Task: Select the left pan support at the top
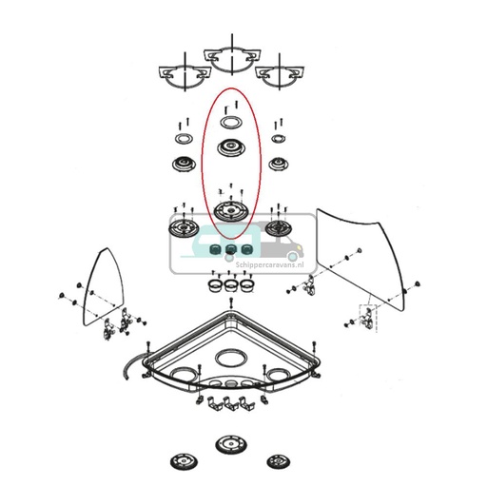pos(181,75)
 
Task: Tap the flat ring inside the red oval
pos(230,123)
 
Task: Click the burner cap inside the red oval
pos(230,148)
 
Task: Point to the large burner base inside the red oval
pos(229,210)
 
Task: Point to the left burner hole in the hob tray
pos(184,372)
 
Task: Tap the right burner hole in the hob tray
pos(279,372)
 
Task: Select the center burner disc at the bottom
pos(229,445)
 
